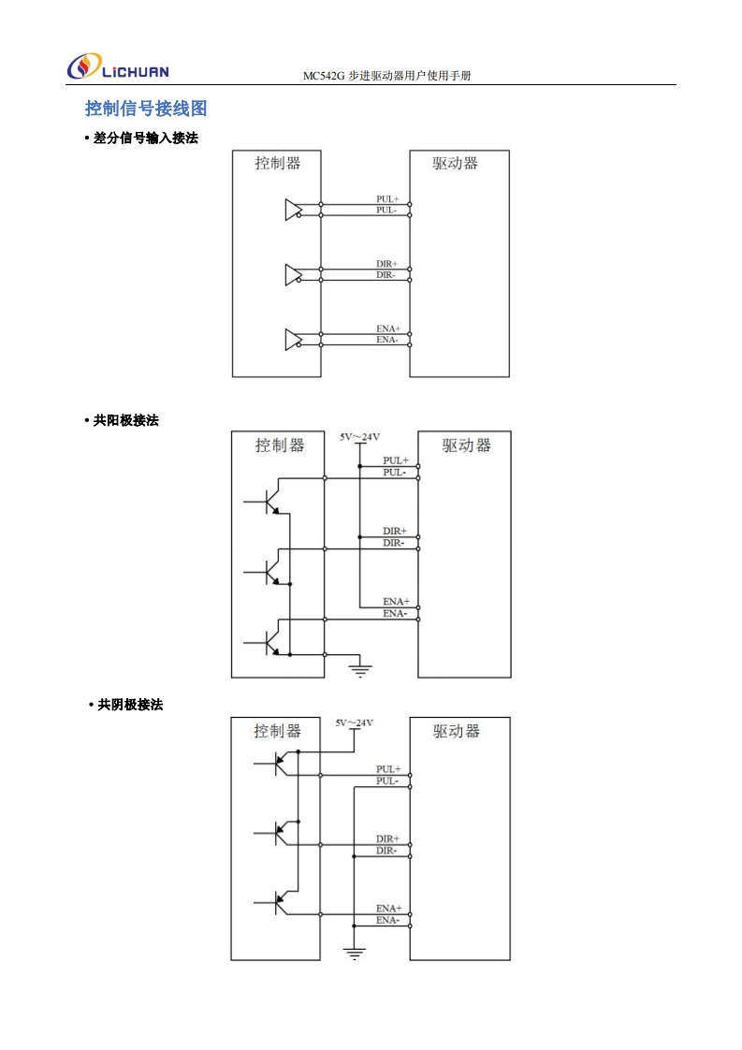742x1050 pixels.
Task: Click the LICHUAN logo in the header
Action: (118, 67)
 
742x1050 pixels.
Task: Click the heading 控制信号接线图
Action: (145, 109)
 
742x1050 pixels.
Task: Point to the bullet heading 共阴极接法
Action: (130, 705)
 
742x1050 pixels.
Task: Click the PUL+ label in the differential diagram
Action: (387, 199)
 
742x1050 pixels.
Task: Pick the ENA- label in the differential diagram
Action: (387, 340)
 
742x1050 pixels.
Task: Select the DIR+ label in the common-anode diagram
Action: (394, 532)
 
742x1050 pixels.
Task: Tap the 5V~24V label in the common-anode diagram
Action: (359, 436)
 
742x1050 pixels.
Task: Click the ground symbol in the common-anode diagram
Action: (359, 667)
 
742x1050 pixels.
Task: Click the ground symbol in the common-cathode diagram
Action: (355, 953)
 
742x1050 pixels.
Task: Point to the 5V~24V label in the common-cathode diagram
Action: (355, 722)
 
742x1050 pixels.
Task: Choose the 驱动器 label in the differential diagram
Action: (456, 163)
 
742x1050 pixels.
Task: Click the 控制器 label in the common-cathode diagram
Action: (278, 731)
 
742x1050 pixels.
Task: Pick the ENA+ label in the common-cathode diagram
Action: (388, 909)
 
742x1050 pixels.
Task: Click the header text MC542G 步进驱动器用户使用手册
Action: (386, 76)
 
